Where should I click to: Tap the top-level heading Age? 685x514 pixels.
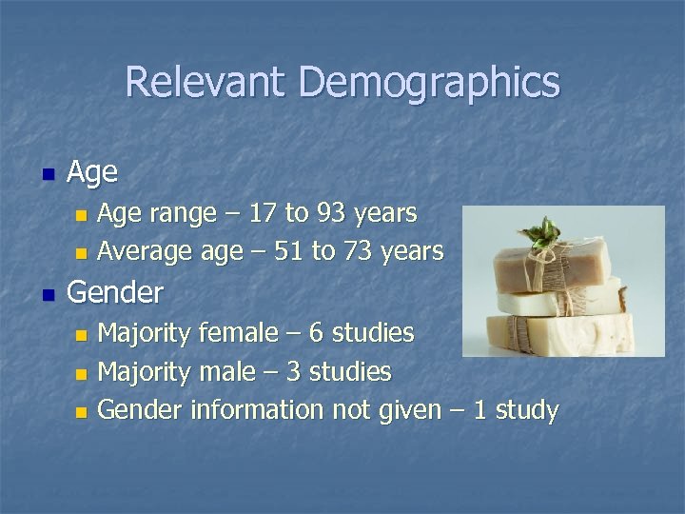(92, 172)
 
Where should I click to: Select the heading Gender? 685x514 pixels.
(115, 291)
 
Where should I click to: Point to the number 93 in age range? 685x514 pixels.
(331, 213)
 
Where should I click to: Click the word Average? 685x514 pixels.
(146, 251)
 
